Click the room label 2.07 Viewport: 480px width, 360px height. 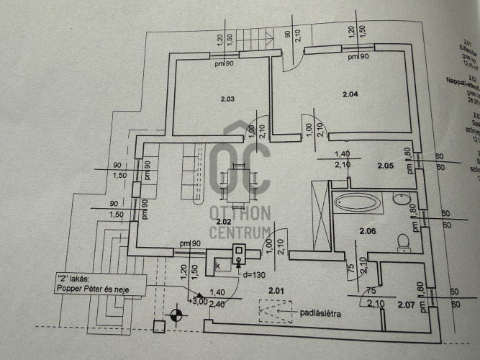(404, 305)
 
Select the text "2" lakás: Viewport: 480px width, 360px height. (73, 279)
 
